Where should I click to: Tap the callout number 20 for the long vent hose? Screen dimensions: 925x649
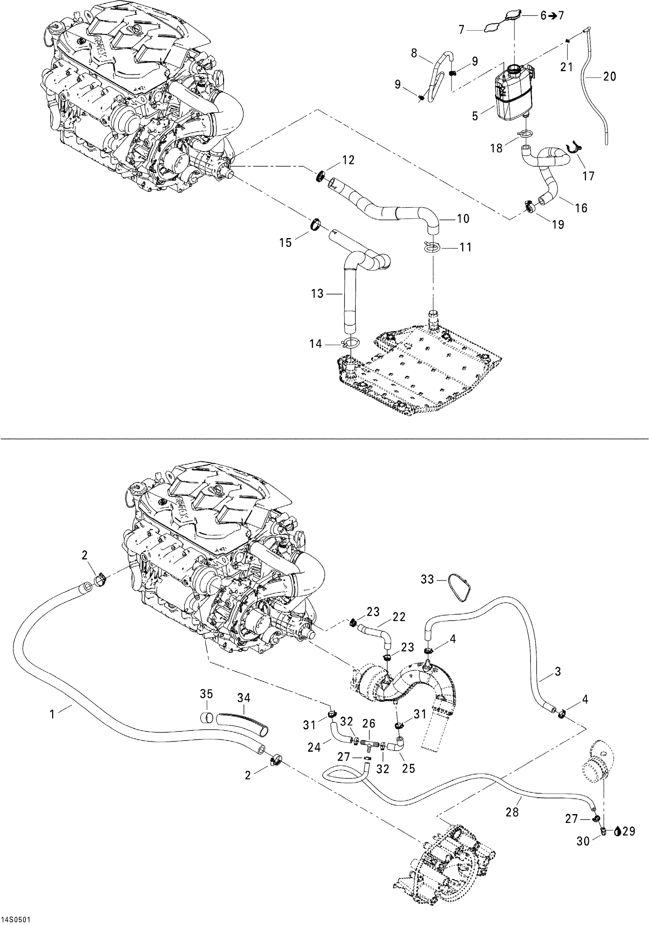[610, 76]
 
